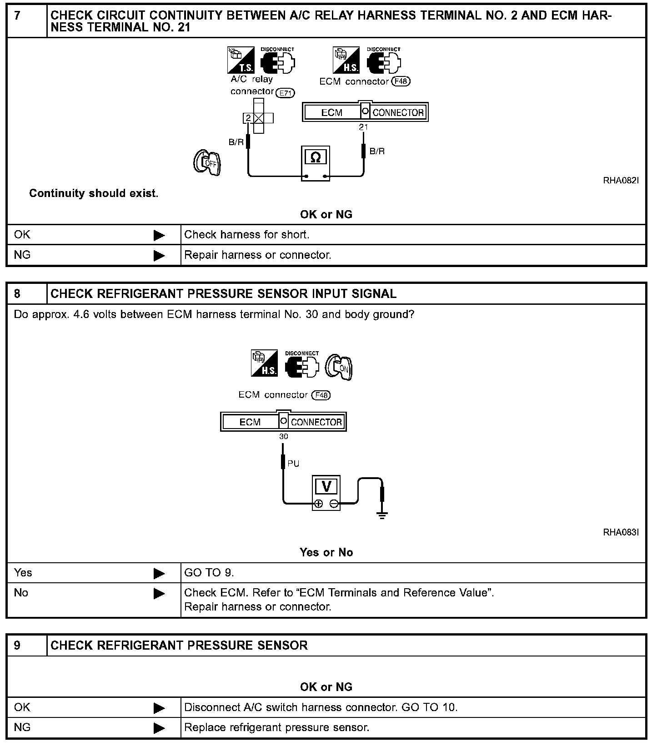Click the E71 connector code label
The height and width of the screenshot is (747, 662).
[286, 93]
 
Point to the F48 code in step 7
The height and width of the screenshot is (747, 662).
[401, 81]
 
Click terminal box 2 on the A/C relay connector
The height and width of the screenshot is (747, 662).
[248, 118]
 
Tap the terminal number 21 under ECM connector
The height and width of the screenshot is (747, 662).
[363, 127]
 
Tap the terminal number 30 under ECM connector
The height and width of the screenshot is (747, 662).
[283, 437]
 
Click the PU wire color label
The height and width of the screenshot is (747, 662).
[293, 464]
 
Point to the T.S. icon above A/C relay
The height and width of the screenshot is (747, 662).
[241, 60]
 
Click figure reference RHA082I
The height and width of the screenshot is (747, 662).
[621, 181]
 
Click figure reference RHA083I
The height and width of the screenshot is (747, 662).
[621, 532]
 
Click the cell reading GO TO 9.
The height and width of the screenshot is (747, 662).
[413, 573]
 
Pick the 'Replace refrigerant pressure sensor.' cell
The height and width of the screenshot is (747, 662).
[413, 727]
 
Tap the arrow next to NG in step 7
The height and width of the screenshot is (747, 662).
[160, 255]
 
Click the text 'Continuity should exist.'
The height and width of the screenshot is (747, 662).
[94, 193]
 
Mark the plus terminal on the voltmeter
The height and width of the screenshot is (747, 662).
[318, 504]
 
